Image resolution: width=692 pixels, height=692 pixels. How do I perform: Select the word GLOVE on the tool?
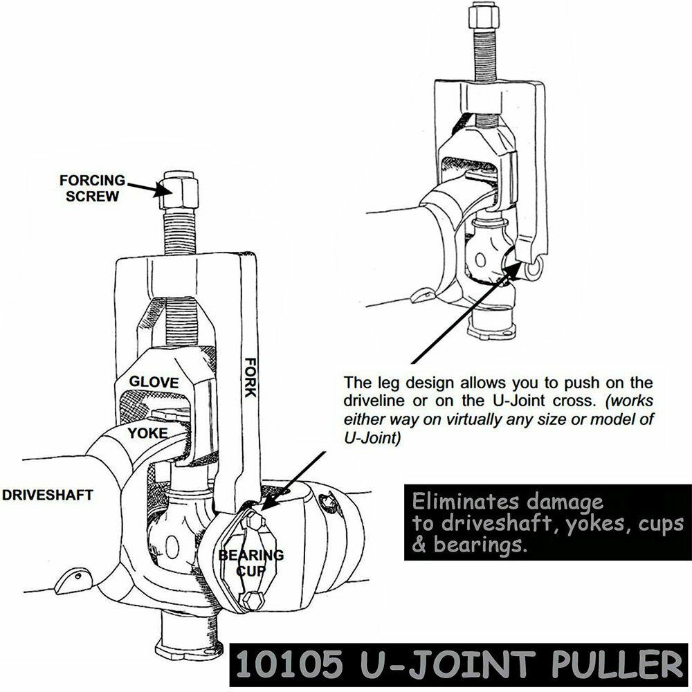click(154, 383)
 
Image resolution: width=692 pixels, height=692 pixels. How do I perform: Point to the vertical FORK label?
click(250, 377)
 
